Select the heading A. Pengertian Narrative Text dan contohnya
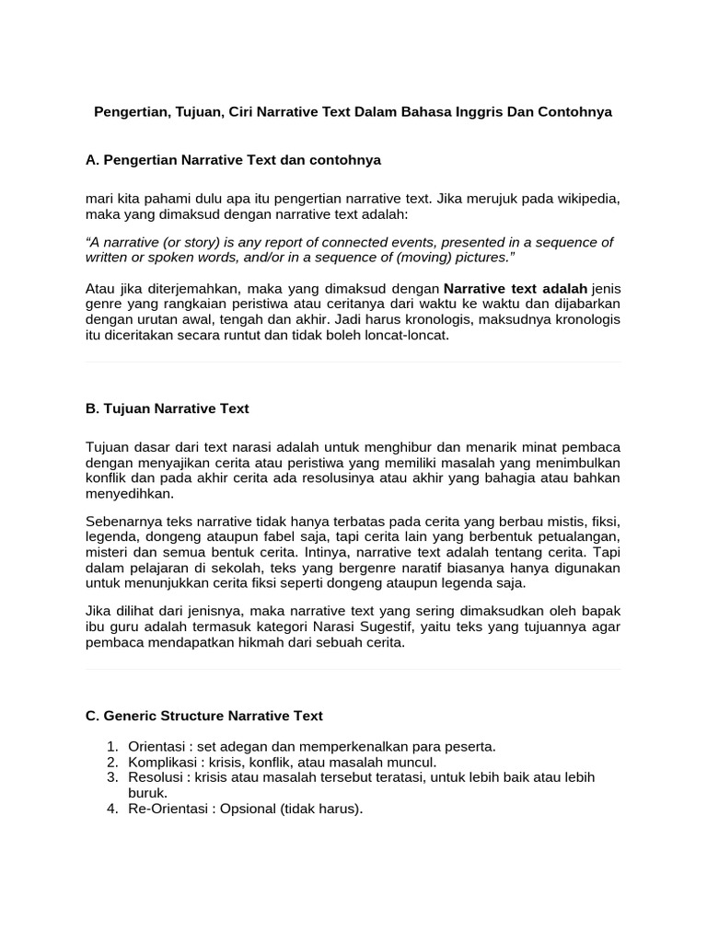[x=233, y=160]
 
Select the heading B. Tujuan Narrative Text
[x=167, y=408]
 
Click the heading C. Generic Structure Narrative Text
[x=204, y=715]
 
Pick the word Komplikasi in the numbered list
[x=160, y=762]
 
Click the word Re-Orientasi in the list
[x=166, y=810]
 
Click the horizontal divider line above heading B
[x=353, y=362]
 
